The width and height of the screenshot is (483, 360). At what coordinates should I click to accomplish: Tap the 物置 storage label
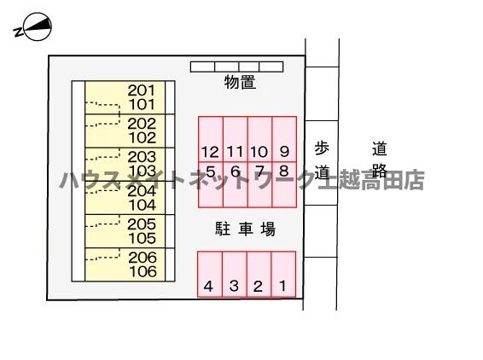coord(241,82)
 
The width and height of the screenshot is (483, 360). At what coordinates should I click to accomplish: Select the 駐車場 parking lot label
coord(245,229)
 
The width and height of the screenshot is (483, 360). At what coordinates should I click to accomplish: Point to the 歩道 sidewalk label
coord(322,160)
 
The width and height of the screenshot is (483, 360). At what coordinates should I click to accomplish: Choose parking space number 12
coord(211,139)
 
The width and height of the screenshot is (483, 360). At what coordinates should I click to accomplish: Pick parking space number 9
coord(284,139)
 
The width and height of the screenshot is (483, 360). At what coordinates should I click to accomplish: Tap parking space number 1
coord(283,275)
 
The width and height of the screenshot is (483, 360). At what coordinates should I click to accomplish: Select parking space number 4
coord(210,275)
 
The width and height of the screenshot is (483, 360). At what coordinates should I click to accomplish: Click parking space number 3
coord(235,275)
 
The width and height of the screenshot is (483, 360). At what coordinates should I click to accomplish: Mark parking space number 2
coord(259,275)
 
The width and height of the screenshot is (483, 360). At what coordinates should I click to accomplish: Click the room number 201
coord(142,90)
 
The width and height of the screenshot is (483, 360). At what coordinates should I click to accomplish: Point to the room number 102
coord(143,138)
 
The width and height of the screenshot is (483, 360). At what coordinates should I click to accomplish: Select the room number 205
coord(142,224)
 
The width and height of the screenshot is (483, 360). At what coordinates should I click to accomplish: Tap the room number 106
coord(143,271)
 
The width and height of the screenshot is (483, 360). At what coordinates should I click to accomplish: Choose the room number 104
coord(143,205)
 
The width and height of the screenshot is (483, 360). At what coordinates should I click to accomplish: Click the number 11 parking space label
coord(235,152)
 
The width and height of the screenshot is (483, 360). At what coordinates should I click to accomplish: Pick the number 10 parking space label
coord(259,152)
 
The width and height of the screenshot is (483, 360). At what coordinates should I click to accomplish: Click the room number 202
coord(142,124)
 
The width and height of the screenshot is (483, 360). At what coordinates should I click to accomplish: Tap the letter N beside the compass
coord(19,32)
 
